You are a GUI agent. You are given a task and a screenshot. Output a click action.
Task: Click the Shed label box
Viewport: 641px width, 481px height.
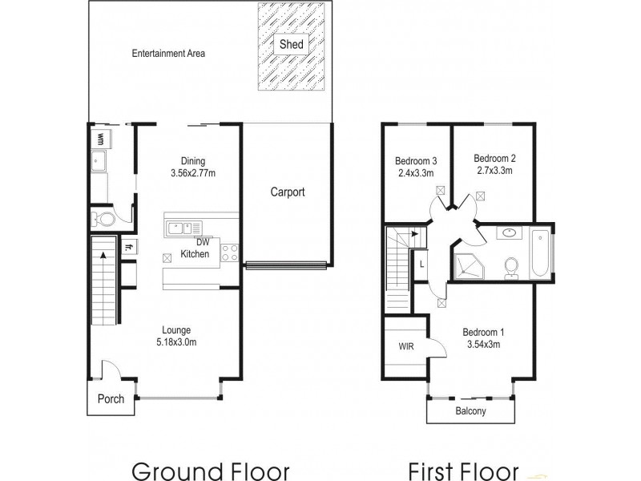point(291,44)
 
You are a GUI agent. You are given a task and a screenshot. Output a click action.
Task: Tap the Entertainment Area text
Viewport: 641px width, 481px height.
point(169,55)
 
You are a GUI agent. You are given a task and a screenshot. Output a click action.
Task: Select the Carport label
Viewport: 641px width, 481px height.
point(287,192)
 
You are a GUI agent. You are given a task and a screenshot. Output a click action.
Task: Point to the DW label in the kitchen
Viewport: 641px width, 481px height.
point(203,242)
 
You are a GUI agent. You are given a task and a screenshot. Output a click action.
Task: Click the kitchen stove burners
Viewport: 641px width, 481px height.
point(229,253)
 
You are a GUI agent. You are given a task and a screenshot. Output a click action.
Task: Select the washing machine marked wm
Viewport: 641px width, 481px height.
point(101,139)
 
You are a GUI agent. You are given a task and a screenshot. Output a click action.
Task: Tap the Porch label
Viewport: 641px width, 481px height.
point(111,398)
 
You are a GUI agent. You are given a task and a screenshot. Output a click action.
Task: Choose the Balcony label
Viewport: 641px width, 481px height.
point(471,411)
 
